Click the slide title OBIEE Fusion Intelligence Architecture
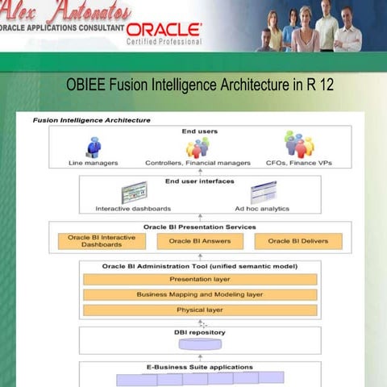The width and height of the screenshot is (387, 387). (x=199, y=85)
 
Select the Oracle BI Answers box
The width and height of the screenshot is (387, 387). (x=199, y=240)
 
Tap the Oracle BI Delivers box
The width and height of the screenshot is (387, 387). (x=298, y=240)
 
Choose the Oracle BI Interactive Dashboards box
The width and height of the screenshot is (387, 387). (x=102, y=240)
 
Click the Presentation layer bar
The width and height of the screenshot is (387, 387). (x=199, y=279)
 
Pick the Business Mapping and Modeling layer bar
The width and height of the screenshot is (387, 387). (x=199, y=294)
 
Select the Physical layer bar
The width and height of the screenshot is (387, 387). (x=199, y=310)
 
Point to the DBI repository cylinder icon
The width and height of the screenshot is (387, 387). (x=199, y=344)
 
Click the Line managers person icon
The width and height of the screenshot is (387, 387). (x=94, y=148)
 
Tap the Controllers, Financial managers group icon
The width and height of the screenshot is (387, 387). (x=198, y=148)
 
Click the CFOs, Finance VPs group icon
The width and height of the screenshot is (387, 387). (x=299, y=145)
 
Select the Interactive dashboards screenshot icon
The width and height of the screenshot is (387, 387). (x=134, y=193)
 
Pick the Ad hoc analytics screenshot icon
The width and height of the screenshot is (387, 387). (x=263, y=193)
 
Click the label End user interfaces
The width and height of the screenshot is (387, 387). (x=199, y=181)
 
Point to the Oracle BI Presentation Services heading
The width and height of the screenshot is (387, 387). (x=199, y=227)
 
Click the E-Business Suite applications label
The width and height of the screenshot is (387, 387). (x=199, y=367)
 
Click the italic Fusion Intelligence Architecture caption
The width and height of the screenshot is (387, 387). (x=91, y=120)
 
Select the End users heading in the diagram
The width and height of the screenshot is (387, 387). (x=199, y=131)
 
